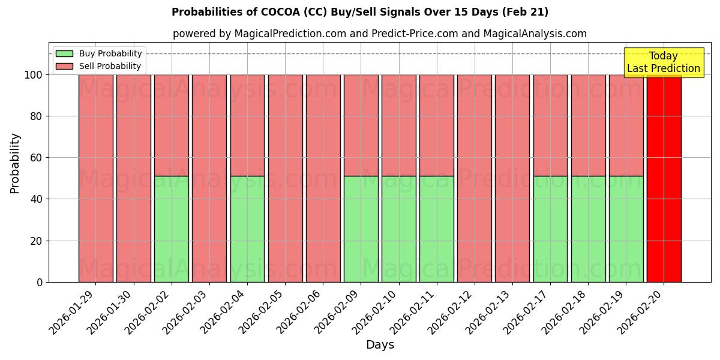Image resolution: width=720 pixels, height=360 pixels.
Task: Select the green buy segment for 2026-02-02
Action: (x=172, y=229)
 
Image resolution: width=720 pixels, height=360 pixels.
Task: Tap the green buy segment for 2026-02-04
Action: (x=247, y=229)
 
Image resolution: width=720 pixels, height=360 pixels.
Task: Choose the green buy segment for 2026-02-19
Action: (x=626, y=229)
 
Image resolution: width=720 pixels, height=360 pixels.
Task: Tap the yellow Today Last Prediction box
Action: (x=663, y=62)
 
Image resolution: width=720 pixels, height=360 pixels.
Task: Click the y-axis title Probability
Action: (x=15, y=163)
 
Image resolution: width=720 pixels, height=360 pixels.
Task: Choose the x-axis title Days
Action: (x=380, y=345)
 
